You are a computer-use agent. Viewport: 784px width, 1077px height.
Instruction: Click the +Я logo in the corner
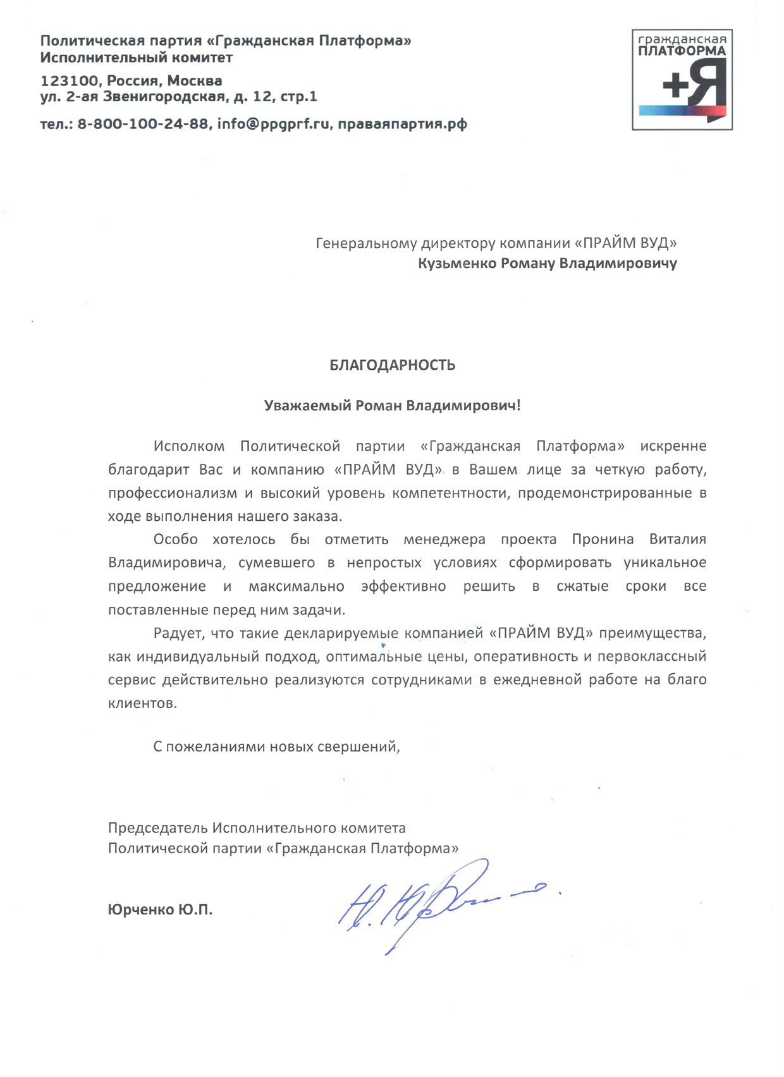[682, 80]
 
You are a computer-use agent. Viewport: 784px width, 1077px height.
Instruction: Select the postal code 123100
[68, 81]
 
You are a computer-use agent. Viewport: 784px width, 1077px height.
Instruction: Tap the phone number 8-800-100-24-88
[143, 124]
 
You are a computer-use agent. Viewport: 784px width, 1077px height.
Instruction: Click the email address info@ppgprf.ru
[273, 124]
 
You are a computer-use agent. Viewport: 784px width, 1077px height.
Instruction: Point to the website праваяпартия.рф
[402, 124]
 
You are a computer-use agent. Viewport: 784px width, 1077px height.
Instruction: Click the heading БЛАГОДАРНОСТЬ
[392, 365]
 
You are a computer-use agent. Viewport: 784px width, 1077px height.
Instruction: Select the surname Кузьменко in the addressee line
[456, 263]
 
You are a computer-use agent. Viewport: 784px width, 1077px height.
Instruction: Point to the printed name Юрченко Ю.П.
[160, 910]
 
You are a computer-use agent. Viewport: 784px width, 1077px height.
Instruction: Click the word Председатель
[157, 827]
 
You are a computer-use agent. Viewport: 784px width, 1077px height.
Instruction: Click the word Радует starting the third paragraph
[179, 633]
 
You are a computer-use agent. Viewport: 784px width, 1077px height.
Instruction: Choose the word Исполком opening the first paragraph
[189, 446]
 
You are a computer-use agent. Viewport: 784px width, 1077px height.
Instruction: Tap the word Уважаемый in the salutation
[307, 405]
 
